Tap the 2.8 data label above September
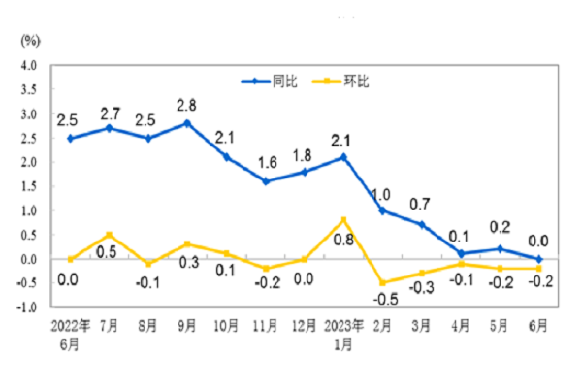[187, 105]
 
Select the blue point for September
[187, 123]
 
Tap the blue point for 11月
[265, 181]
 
